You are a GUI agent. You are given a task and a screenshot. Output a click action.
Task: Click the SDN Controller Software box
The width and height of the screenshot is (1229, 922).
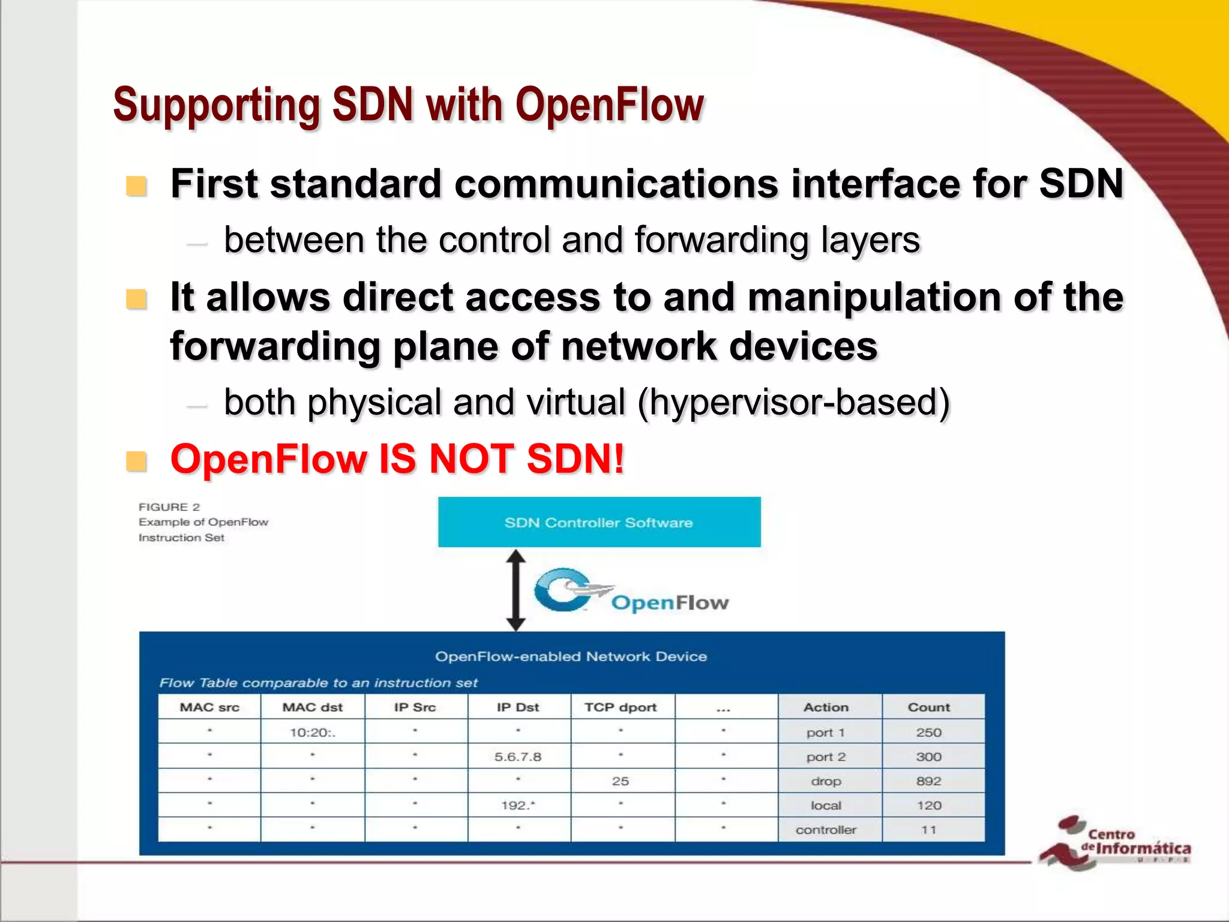click(599, 522)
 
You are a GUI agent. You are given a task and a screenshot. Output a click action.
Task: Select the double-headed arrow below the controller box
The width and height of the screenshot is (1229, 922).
click(515, 590)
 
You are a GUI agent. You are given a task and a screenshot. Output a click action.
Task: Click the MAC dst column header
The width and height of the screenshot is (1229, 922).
click(312, 707)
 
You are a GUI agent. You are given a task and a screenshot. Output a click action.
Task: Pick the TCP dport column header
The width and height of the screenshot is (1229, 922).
click(621, 707)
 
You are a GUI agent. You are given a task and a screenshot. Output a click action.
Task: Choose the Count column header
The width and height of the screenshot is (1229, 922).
click(928, 707)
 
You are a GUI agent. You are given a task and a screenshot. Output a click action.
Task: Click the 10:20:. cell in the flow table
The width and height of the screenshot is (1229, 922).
click(312, 732)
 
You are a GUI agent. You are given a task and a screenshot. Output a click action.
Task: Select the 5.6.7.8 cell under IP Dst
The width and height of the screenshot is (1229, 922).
click(518, 757)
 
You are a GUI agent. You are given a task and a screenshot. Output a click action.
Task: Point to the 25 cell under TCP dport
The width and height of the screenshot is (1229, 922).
click(621, 781)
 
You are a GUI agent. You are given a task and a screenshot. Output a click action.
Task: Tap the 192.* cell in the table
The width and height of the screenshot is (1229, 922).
click(518, 806)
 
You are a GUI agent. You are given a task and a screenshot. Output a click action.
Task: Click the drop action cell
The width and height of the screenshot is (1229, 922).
click(826, 781)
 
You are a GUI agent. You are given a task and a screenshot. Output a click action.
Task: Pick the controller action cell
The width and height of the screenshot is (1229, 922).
click(826, 830)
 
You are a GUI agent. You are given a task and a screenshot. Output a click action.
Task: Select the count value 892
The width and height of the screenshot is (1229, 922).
click(928, 781)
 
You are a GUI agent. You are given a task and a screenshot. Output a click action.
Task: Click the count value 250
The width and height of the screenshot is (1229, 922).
click(928, 732)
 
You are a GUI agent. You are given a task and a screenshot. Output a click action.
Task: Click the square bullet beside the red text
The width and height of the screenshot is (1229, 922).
click(136, 461)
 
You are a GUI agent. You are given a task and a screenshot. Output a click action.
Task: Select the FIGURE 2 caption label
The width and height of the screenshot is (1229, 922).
click(169, 507)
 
